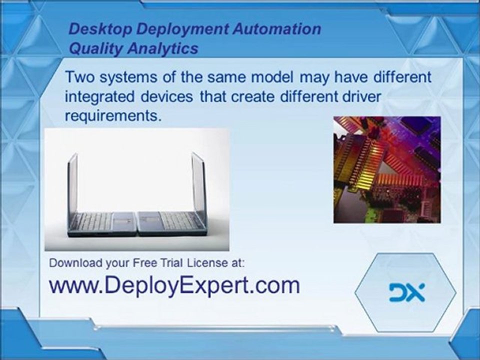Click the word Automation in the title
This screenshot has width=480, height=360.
tap(276, 28)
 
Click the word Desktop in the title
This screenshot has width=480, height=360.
tap(100, 28)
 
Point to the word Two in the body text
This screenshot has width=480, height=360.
tap(79, 78)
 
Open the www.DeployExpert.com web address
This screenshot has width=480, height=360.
tap(174, 285)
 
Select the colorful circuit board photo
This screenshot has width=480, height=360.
tap(387, 169)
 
